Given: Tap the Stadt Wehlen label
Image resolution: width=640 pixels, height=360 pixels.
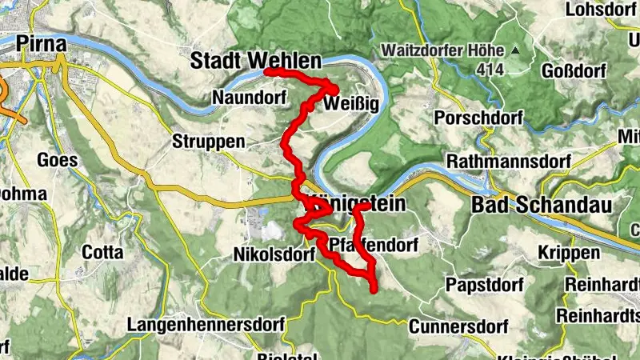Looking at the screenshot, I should (x=255, y=60).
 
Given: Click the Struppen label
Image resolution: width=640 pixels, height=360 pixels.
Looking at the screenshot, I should (x=208, y=142).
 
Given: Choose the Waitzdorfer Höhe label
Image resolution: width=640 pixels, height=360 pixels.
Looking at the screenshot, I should (x=442, y=50).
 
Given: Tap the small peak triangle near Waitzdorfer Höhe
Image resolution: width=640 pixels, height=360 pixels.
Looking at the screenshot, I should (x=514, y=50).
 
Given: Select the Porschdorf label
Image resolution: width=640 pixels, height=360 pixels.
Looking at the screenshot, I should (x=478, y=118).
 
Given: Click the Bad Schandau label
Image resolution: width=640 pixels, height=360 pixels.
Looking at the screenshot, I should (x=542, y=205).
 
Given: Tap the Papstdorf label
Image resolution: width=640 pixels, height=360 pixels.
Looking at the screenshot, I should (x=484, y=285).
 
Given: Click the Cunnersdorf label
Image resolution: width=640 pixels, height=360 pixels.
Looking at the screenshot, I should (x=458, y=326).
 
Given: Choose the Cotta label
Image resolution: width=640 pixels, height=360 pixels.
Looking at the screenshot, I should (x=102, y=252).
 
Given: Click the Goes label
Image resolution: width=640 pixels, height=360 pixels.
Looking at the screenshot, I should (x=58, y=159).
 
